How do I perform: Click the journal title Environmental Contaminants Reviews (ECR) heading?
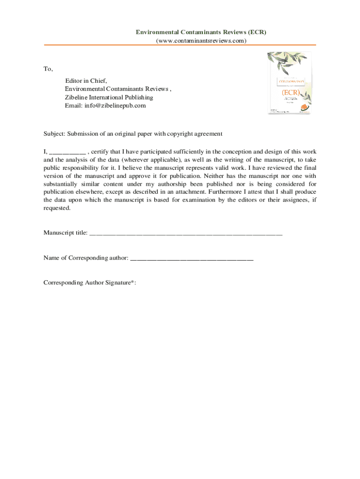[201, 32]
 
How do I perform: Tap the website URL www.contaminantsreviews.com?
[201, 41]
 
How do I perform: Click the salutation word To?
[48, 69]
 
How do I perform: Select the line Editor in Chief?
[86, 80]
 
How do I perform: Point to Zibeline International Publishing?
[108, 97]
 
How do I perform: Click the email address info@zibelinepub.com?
[105, 106]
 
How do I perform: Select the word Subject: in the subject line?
[54, 134]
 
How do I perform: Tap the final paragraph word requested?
[57, 208]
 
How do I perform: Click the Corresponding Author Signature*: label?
[90, 283]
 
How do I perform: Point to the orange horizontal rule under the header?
[180, 45]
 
